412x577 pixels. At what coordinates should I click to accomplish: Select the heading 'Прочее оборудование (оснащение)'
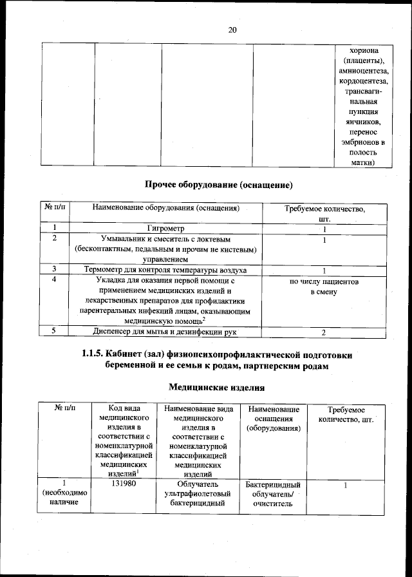point(219,185)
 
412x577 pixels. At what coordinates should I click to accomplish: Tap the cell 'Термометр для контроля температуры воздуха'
point(165,270)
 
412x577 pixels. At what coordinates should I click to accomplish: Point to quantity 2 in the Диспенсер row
point(324,332)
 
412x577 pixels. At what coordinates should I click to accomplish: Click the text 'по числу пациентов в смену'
point(324,287)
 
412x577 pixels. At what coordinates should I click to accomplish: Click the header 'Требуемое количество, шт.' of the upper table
point(324,214)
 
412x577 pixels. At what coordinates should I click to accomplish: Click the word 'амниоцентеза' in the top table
point(364,71)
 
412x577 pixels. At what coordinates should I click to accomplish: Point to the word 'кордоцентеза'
point(364,81)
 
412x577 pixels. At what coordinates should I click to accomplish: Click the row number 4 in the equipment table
point(55,280)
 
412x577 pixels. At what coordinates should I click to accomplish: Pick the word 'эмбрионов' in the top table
point(361,142)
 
